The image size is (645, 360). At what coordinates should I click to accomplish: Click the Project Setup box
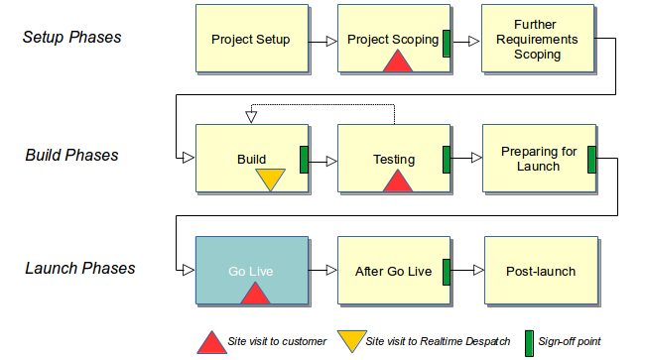(251, 41)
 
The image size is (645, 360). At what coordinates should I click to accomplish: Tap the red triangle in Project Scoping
(397, 61)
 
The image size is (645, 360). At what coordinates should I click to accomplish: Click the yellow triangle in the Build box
(270, 179)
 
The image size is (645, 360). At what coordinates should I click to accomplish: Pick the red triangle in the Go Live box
(255, 294)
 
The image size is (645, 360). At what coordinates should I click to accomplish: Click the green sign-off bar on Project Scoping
(447, 42)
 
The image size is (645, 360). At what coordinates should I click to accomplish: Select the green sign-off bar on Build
(305, 159)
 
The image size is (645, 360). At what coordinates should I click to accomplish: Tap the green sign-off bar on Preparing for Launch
(590, 159)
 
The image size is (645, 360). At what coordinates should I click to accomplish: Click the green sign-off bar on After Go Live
(447, 271)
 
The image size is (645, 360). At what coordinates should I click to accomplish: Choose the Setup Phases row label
(72, 38)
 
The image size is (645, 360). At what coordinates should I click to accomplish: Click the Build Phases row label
(72, 155)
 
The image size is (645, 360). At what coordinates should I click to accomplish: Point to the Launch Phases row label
(78, 268)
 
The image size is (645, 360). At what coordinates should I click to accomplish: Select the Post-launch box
(541, 271)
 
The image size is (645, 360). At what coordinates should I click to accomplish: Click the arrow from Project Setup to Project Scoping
(322, 42)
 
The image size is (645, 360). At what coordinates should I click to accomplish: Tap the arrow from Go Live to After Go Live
(322, 271)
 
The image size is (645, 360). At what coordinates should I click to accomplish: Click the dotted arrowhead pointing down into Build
(251, 117)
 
